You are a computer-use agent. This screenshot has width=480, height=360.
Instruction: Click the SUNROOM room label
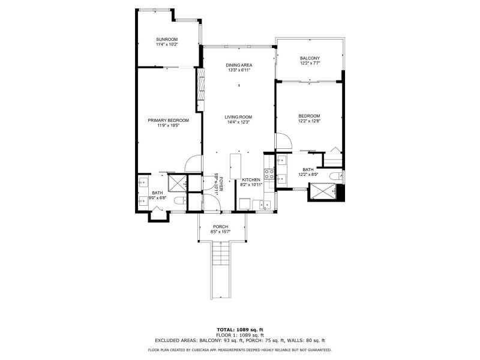coord(167,40)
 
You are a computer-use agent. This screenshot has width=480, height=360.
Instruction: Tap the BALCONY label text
coord(310,58)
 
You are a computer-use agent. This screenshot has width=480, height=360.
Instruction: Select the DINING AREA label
coord(238,65)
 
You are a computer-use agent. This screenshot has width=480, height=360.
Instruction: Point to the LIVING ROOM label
coord(238,116)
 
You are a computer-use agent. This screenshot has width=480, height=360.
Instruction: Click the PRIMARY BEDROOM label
coord(169,120)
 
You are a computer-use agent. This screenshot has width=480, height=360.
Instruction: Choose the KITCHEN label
coord(251,179)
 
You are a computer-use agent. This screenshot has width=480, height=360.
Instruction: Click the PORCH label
coord(220,226)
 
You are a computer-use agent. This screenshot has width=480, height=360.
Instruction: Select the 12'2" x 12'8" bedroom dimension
coord(309,121)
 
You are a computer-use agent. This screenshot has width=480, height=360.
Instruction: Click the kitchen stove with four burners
coord(269,176)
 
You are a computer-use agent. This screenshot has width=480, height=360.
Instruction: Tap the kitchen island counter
coord(235,163)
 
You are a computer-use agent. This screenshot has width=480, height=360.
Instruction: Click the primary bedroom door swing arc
coord(193,162)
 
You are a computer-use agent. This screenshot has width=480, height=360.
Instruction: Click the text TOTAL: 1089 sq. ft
coord(239,329)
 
